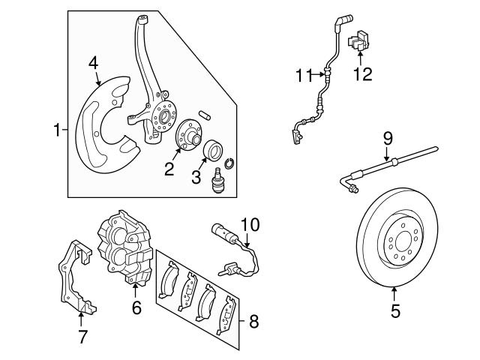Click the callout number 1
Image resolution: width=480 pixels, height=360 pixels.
(x=57, y=131)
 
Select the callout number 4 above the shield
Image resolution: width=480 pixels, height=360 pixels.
(x=93, y=64)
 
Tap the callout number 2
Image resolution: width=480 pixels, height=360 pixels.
(x=169, y=169)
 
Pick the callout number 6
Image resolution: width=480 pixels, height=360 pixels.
(x=136, y=307)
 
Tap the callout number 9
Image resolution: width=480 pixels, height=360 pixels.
(x=388, y=137)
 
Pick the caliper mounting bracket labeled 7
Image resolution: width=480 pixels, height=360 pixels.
(x=76, y=277)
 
